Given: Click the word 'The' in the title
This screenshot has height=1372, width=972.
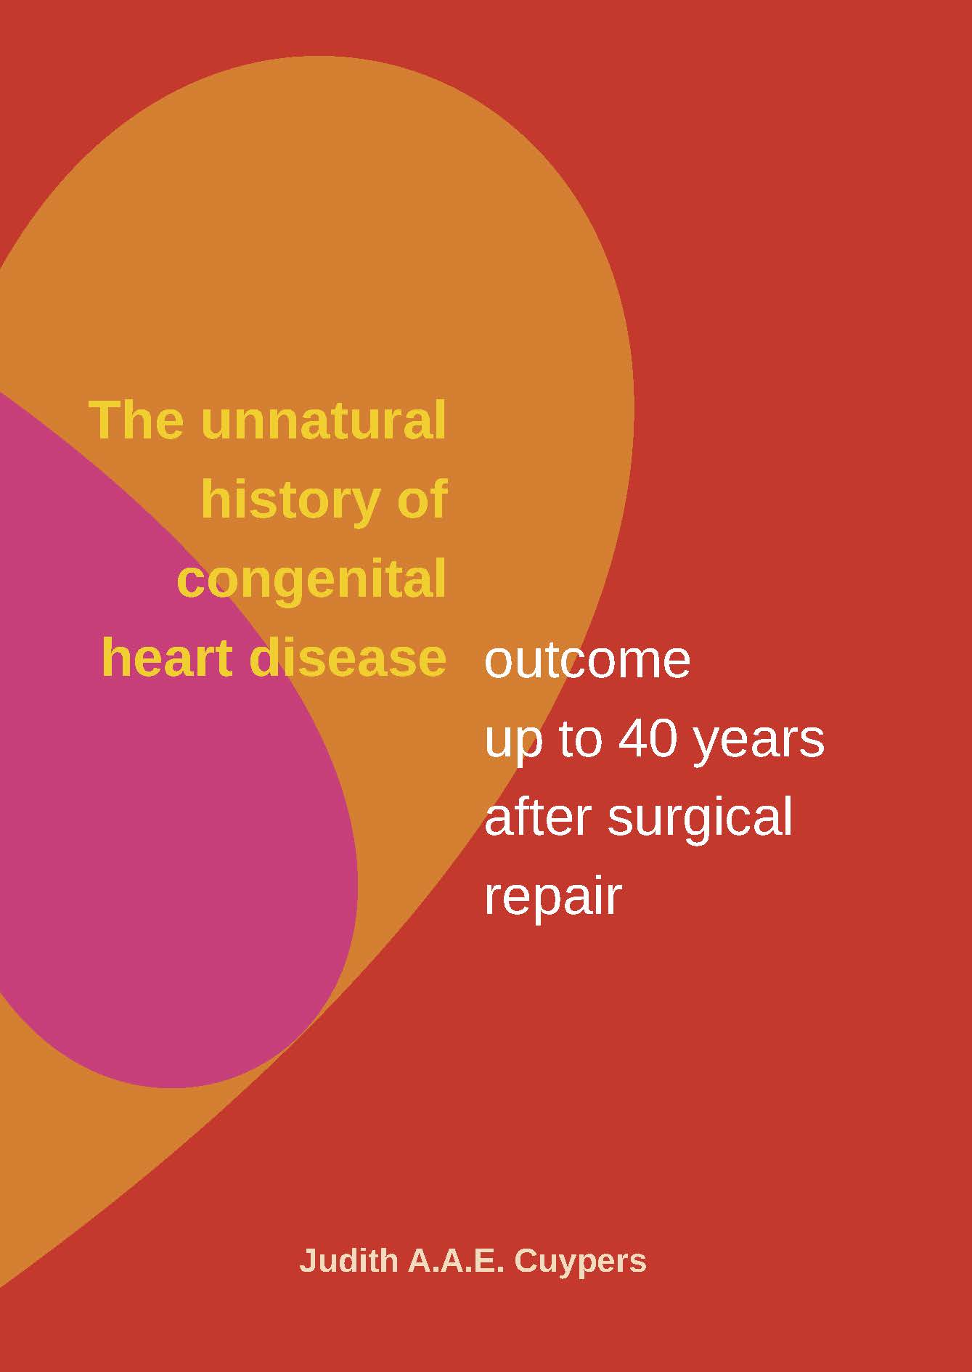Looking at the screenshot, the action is [x=136, y=420].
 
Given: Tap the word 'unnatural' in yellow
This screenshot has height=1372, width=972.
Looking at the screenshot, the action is [x=324, y=420].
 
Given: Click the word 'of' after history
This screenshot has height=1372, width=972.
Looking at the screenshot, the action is [x=422, y=499].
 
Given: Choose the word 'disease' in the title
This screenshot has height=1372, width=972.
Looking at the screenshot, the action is [x=348, y=658].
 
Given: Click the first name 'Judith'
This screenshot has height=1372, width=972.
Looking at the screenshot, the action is [x=348, y=1260].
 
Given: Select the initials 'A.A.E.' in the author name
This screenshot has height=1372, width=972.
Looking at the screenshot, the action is [x=455, y=1261].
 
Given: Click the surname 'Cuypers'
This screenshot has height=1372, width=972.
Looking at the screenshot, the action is [x=580, y=1264].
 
